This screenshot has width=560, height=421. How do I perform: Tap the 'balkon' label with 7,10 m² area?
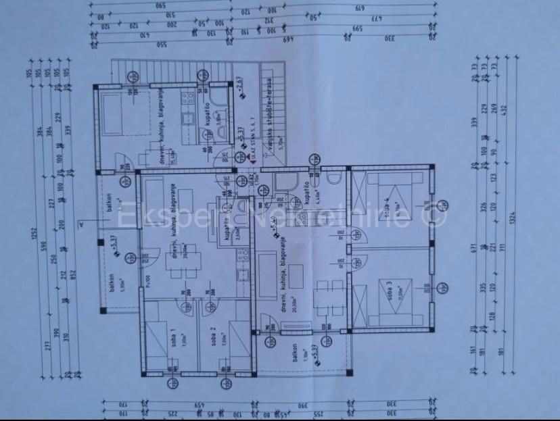(294, 356)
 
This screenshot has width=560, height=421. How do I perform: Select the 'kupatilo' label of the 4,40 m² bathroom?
(306, 194)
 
